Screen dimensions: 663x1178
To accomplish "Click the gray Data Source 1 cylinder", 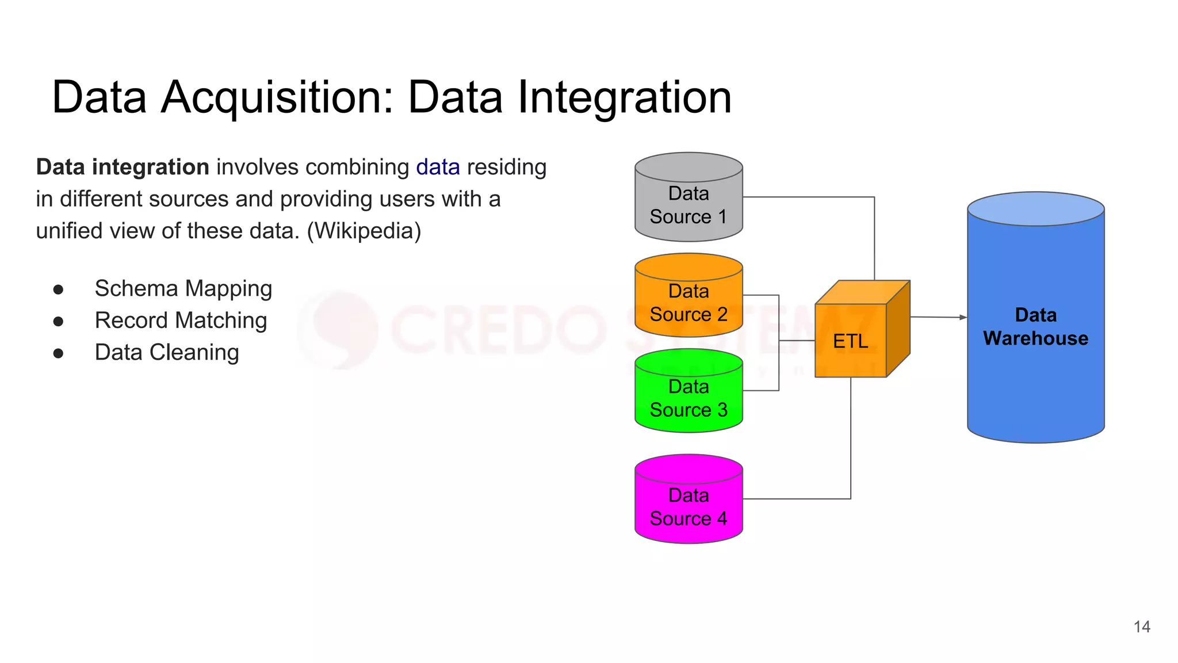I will click(x=689, y=204).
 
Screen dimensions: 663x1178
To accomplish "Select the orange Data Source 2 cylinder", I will click(x=689, y=303).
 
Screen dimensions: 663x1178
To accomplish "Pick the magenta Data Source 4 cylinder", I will click(x=689, y=506).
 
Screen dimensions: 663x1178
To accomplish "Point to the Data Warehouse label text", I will click(x=1035, y=327).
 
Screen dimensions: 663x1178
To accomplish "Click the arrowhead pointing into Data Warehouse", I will click(x=963, y=317).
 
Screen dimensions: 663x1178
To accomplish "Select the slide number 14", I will click(x=1142, y=627).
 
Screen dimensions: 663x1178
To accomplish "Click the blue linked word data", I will click(x=438, y=167).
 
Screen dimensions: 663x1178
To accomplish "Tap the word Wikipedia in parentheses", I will click(x=364, y=231).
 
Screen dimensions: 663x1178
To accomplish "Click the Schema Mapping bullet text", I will click(x=183, y=288).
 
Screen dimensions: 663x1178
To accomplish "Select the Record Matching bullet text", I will click(x=181, y=321).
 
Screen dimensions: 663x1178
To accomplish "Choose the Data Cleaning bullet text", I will click(x=167, y=352).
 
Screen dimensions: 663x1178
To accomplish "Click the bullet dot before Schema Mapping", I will click(x=58, y=289).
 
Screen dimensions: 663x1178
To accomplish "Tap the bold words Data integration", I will click(x=123, y=167).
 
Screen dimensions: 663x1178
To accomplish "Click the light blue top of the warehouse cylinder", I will click(x=1035, y=208).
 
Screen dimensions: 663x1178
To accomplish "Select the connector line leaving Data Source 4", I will click(x=797, y=498).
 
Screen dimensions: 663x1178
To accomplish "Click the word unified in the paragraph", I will click(x=66, y=231).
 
